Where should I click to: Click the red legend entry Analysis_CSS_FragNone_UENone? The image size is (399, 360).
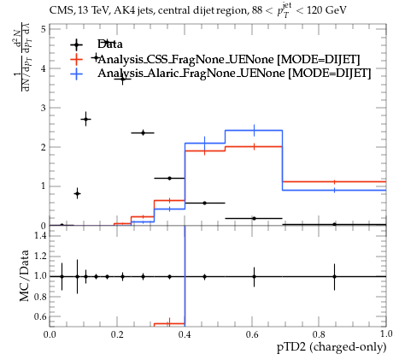click(229, 59)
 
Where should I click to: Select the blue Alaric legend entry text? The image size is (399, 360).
click(234, 74)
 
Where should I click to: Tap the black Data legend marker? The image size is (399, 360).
click(76, 44)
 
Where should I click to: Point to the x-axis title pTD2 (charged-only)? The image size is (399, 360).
click(332, 347)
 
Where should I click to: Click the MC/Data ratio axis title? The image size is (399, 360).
click(25, 275)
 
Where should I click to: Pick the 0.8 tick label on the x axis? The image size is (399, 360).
click(319, 334)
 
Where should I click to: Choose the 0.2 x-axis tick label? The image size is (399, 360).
click(117, 334)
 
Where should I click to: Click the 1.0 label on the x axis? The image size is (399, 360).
click(386, 333)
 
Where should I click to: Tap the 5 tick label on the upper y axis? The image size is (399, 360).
click(43, 29)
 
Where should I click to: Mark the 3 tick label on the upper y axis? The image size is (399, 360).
click(43, 108)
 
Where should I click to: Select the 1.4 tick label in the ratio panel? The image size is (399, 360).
click(40, 235)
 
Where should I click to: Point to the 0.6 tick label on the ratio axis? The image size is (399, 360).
click(40, 316)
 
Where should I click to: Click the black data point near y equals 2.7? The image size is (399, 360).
click(85, 119)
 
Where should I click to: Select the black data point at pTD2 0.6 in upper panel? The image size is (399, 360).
click(254, 218)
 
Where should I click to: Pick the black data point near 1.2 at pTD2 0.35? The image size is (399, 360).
click(169, 179)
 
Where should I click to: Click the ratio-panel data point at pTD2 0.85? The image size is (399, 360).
click(334, 276)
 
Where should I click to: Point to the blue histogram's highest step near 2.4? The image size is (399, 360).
click(254, 131)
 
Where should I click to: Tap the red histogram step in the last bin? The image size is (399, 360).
click(334, 181)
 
